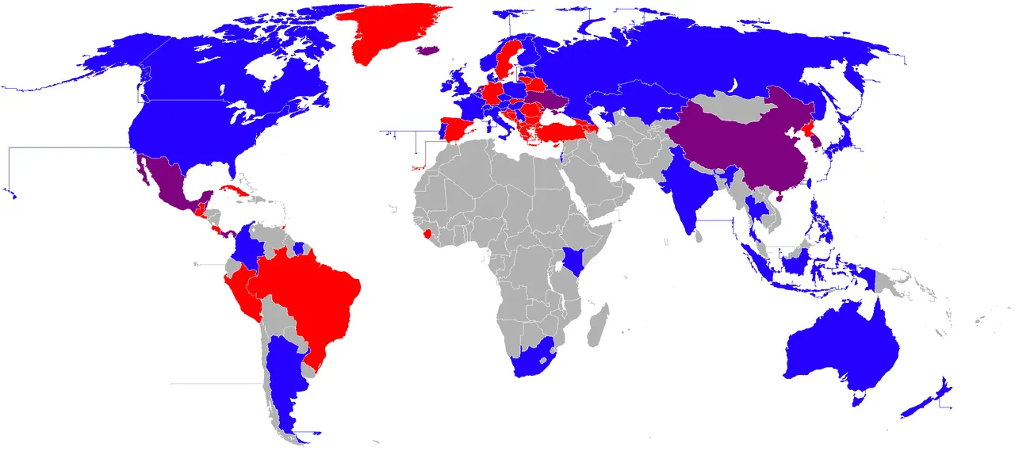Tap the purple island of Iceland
pos(428,50)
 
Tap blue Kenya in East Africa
pos(573,258)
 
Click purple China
pos(753,151)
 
